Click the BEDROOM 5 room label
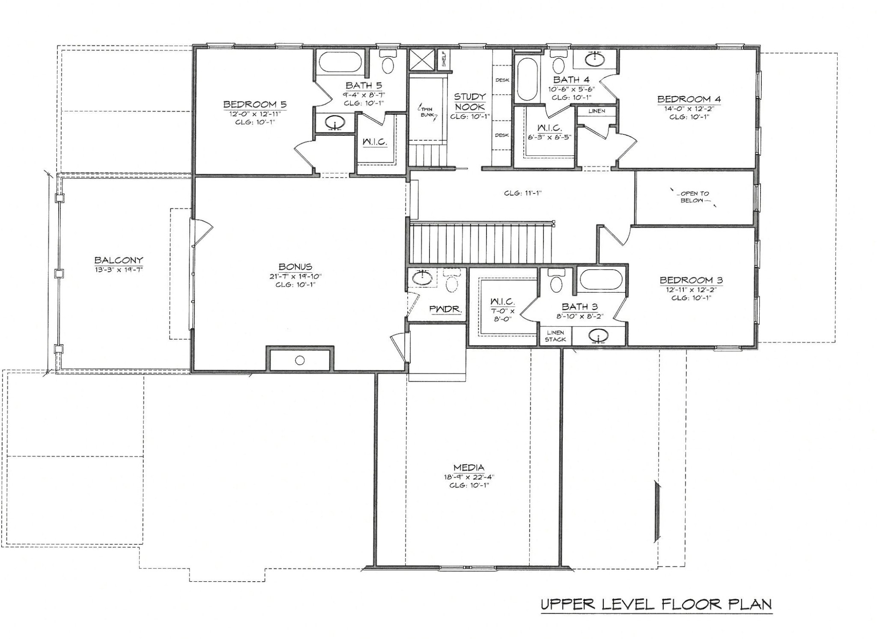tap(255, 104)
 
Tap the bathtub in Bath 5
tap(340, 62)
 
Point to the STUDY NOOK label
tap(470, 102)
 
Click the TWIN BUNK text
tap(427, 112)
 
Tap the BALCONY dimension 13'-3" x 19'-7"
tap(119, 269)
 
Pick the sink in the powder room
tap(422, 278)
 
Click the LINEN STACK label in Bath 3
tap(555, 336)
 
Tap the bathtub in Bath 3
tap(600, 281)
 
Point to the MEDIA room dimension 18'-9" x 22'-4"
tap(469, 477)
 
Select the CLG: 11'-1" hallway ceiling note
tap(523, 193)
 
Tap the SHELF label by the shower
tap(444, 59)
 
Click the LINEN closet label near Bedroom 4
tap(597, 111)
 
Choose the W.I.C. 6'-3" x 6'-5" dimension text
tap(549, 137)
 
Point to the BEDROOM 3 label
tap(691, 280)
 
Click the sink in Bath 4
tap(595, 58)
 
